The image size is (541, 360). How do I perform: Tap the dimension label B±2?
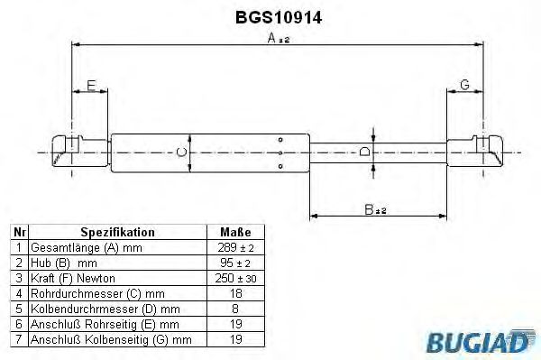tap(374, 209)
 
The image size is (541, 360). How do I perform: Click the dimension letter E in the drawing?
tap(90, 86)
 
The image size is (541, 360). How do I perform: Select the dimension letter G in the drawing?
tap(464, 85)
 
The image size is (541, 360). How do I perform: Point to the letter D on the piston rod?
tap(364, 152)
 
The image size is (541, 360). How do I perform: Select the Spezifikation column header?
tap(117, 231)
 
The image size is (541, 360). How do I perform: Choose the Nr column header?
tap(18, 231)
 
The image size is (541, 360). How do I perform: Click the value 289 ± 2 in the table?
tap(236, 247)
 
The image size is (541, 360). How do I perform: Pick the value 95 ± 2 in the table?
tap(236, 263)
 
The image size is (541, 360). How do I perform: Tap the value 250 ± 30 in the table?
tap(236, 278)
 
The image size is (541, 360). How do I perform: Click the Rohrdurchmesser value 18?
tap(236, 293)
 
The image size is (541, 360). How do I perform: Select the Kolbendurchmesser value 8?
tap(236, 309)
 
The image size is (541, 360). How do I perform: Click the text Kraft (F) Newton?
tap(73, 278)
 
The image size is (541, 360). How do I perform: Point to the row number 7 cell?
tap(18, 339)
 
